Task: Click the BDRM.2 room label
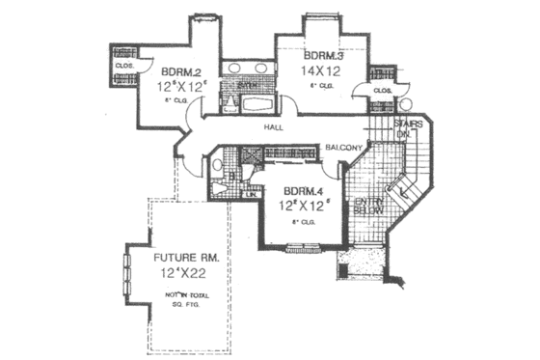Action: [180, 70]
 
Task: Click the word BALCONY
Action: [342, 147]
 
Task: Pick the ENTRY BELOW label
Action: [367, 207]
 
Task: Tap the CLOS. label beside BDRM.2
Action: [123, 66]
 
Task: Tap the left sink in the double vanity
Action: [234, 69]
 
